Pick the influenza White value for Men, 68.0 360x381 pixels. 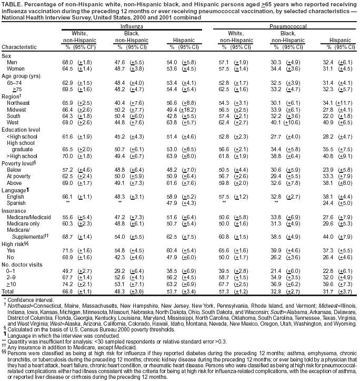coord(68,62)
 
